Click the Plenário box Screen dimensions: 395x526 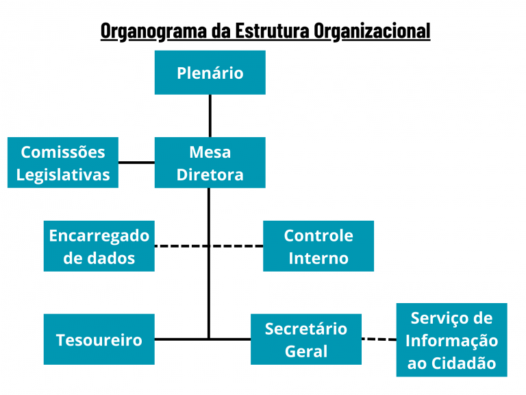pos(210,73)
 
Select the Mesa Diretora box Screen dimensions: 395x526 pos(210,163)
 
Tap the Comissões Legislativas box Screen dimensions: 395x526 pos(63,163)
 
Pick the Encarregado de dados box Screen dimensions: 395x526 pos(99,246)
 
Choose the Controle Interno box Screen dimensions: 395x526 pos(318,246)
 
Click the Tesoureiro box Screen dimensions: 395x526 pos(99,339)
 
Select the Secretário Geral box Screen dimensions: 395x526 pos(305,339)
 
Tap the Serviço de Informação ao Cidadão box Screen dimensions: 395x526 pos(451,340)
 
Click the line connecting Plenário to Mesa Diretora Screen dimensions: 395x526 pos(210,116)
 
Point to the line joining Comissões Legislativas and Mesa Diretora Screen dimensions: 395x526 pos(136,163)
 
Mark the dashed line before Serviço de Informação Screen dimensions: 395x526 pos(379,339)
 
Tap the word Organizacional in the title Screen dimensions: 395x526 pos(372,31)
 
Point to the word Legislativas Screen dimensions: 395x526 pos(63,174)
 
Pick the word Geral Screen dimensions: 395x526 pos(305,351)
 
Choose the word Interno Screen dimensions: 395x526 pos(318,258)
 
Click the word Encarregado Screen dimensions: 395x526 pos(99,235)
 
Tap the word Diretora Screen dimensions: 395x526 pos(210,174)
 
